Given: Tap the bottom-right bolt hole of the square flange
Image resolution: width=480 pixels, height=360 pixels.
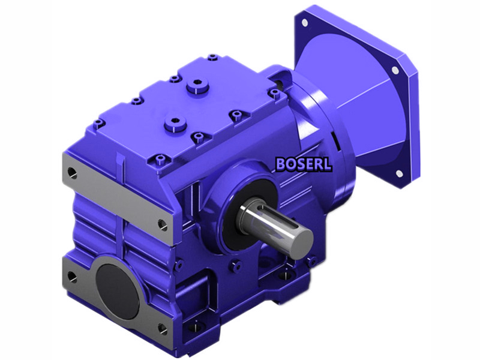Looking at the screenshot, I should pos(398,174).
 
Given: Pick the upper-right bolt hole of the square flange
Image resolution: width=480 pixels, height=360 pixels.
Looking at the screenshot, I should pos(395,70).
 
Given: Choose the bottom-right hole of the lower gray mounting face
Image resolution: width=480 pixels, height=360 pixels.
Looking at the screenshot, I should pos(162,328).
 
